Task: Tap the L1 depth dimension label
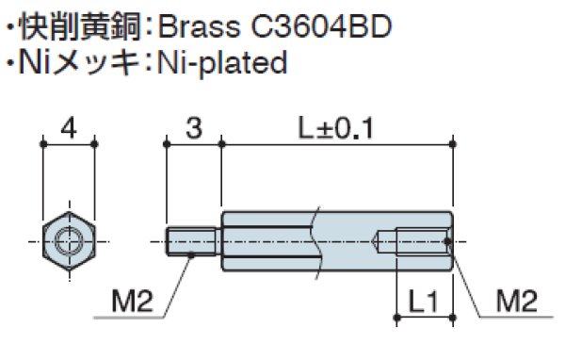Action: click(424, 303)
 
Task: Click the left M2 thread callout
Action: click(132, 303)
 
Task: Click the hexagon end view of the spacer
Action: click(69, 241)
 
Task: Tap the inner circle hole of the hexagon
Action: click(69, 241)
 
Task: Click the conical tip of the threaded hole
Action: click(379, 242)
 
